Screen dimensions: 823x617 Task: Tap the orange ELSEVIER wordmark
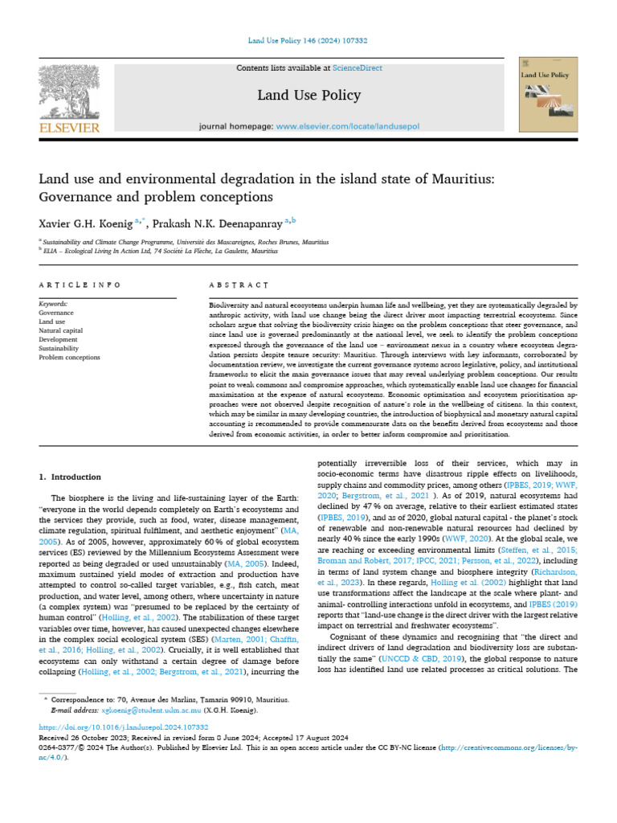(69, 127)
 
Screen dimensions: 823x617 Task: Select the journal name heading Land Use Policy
(297, 96)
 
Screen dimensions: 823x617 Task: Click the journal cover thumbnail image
(549, 96)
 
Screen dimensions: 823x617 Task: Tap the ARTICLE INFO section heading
(80, 285)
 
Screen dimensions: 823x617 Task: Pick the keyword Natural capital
(60, 330)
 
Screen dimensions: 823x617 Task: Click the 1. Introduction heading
(71, 477)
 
